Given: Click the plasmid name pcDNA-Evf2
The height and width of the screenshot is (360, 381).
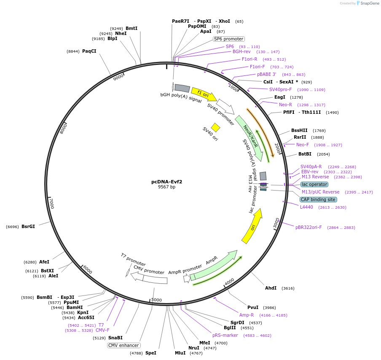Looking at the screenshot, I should coord(166,182).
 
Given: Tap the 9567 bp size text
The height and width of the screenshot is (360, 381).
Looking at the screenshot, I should coord(166,187).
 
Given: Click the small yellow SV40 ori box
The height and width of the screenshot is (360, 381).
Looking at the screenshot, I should coord(215,127).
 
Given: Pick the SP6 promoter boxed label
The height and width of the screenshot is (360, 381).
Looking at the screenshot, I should coord(228,39).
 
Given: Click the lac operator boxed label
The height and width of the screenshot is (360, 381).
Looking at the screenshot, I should coord(314,184).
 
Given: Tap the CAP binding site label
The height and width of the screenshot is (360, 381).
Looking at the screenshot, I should coord(318,199).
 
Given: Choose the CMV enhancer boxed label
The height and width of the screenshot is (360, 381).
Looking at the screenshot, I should coord(123,345).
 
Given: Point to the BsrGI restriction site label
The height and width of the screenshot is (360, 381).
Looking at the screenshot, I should coord(28,226).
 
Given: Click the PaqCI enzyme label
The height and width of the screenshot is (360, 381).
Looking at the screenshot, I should coord(89,51).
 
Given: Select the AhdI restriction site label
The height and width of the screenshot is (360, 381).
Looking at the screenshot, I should coord(271,288).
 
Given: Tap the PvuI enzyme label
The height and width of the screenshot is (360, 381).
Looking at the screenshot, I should coord(253,307).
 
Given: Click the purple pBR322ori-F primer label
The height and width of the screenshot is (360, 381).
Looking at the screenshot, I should coord(308,227).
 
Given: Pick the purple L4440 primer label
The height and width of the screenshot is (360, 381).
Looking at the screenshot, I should coord(306,207).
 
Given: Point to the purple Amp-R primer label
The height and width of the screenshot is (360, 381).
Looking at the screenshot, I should coord(247,315).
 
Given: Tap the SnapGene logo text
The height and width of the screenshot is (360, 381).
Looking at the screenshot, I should coord(369,3).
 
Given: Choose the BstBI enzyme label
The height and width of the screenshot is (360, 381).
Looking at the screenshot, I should coord(305,154).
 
